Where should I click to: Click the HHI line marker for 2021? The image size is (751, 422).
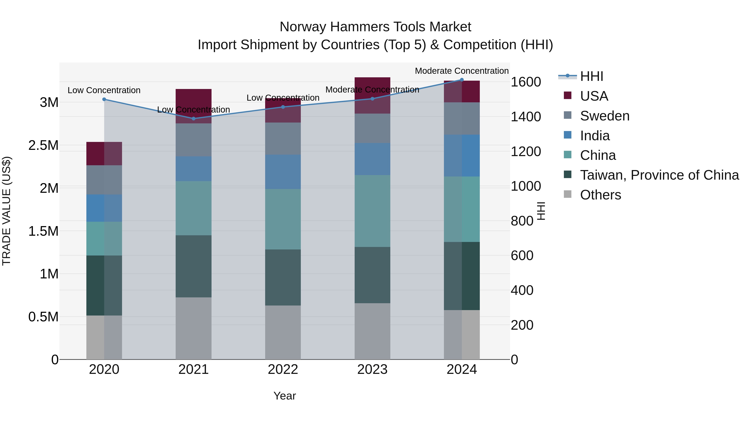(x=194, y=119)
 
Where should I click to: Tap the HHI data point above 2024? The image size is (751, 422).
(x=462, y=80)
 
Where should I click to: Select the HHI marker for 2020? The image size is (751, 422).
(x=104, y=99)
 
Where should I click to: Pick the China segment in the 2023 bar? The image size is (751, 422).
(x=372, y=211)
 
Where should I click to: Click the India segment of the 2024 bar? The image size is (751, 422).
(x=462, y=155)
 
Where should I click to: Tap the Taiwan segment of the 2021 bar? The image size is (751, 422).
(x=194, y=266)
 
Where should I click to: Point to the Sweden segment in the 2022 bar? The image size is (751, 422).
(x=283, y=139)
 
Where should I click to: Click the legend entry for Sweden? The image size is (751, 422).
(x=604, y=116)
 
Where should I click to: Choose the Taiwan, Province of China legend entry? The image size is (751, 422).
(x=659, y=175)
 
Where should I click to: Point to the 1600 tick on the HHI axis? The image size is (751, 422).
(x=526, y=82)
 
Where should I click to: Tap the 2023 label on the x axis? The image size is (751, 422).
(x=372, y=369)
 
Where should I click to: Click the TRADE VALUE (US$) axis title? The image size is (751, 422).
(x=6, y=211)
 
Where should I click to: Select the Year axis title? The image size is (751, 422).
(x=285, y=396)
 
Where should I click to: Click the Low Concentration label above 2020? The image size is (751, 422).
(x=104, y=90)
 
